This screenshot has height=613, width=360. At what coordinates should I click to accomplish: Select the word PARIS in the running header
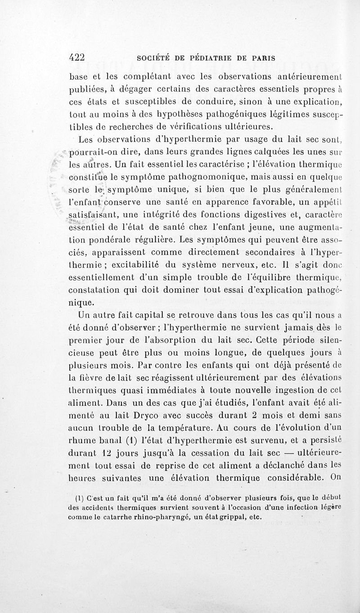[x=263, y=58]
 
